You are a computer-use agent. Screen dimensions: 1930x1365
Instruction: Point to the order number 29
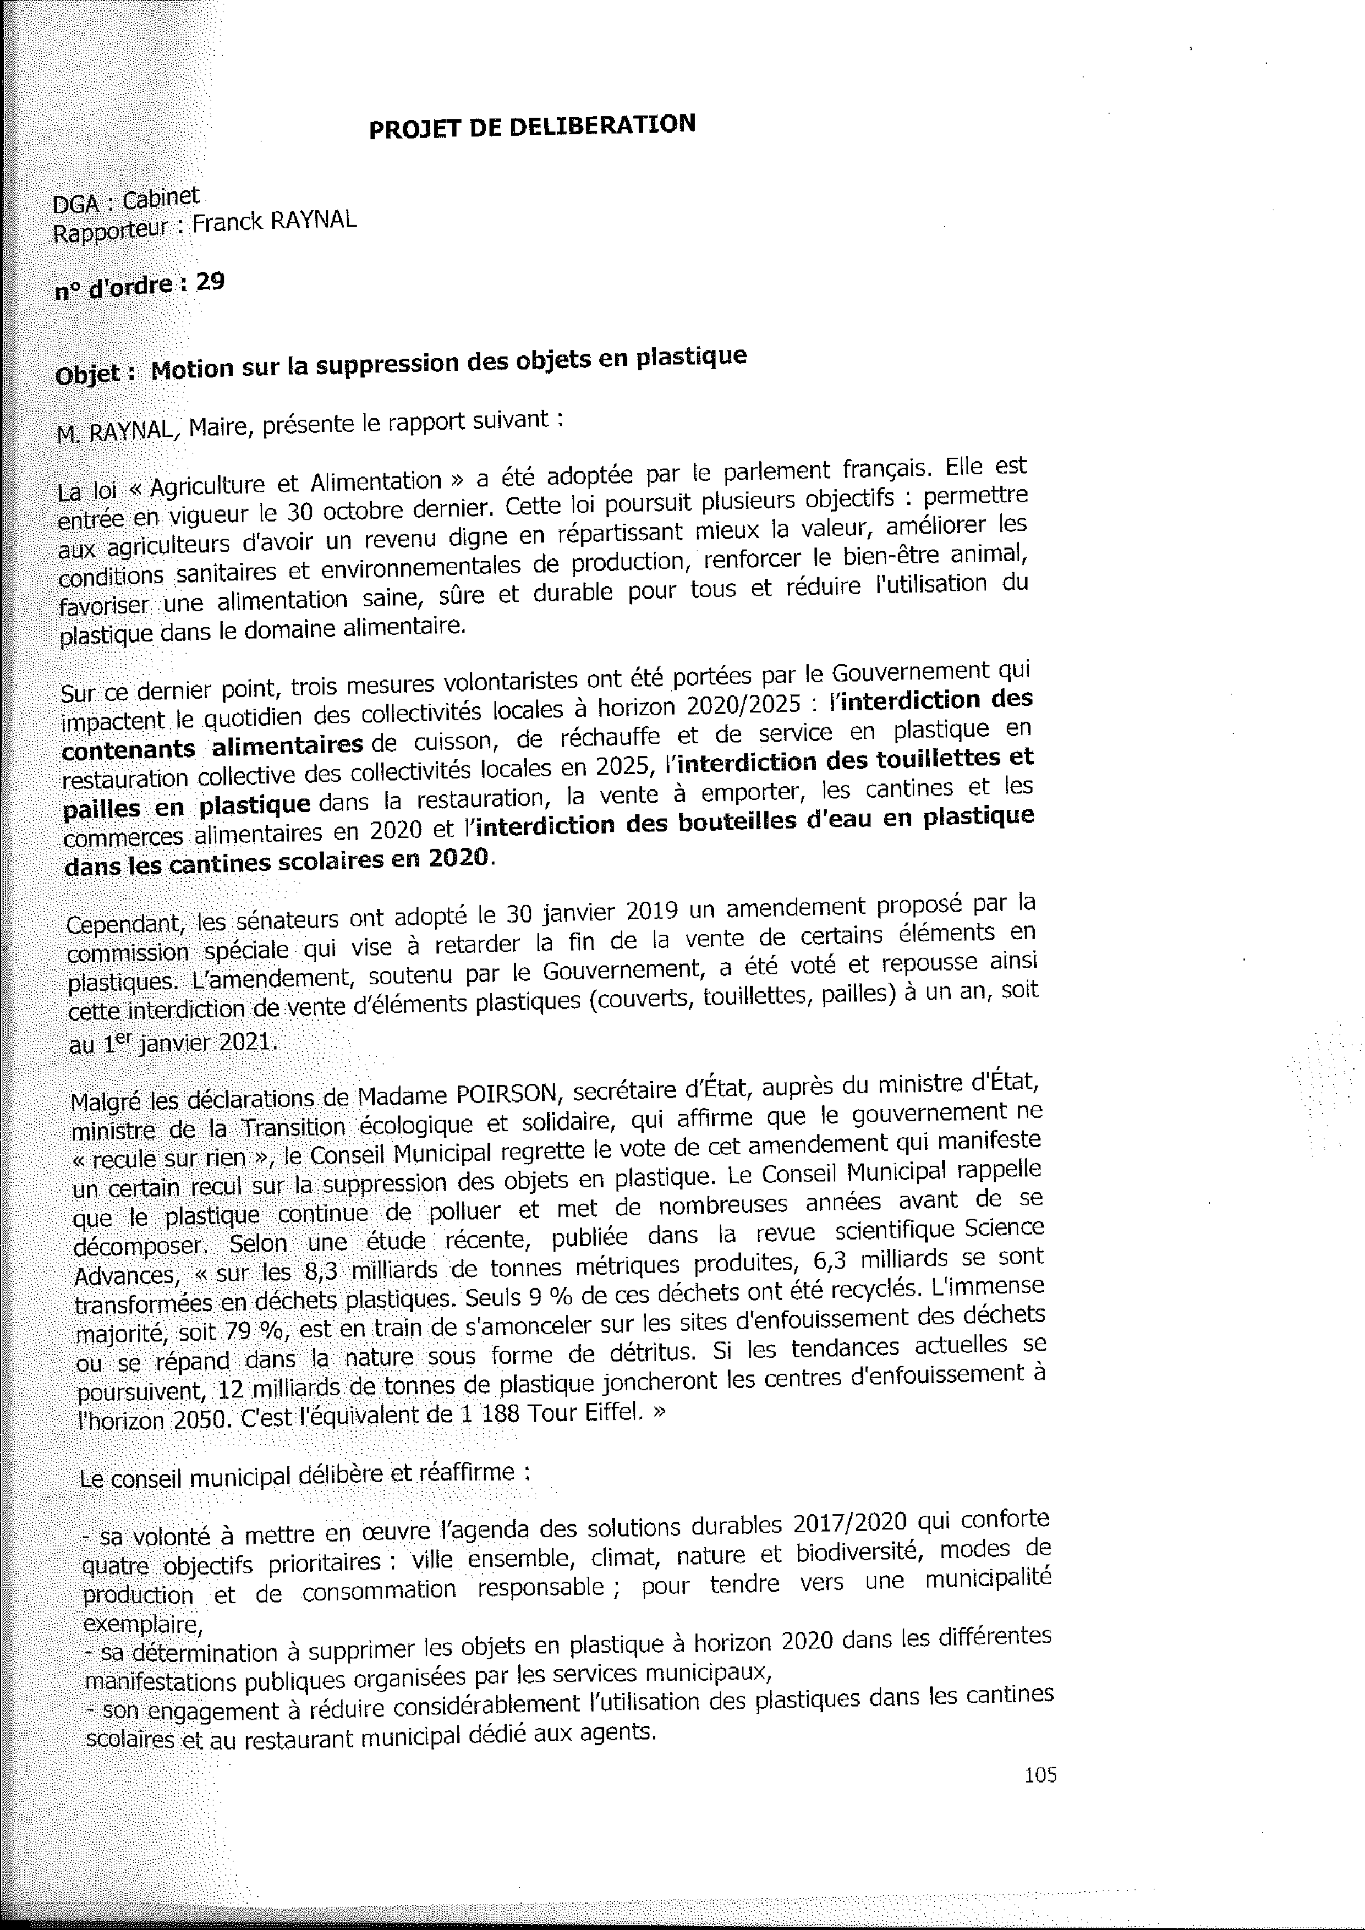pos(210,282)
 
